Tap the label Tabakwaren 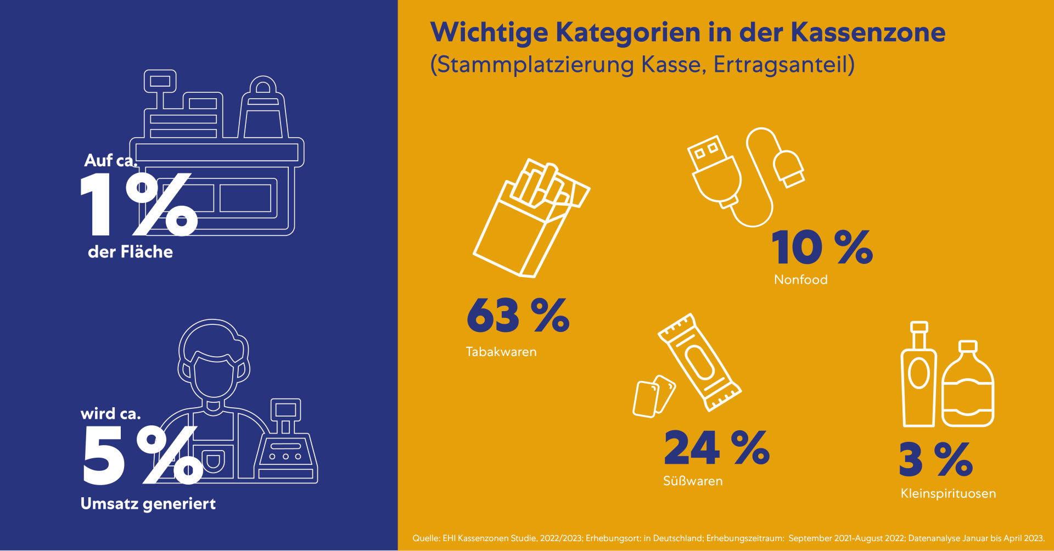[x=501, y=352]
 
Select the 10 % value [x=822, y=248]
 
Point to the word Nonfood [x=800, y=280]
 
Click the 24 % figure [x=716, y=448]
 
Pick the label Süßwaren [x=692, y=481]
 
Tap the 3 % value [x=935, y=460]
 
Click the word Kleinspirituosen [x=948, y=493]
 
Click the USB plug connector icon [x=714, y=171]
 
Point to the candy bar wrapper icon [x=700, y=362]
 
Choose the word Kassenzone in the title [x=868, y=32]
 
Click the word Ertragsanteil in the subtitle [x=783, y=65]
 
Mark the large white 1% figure [x=137, y=204]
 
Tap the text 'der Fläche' [x=130, y=252]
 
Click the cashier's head [x=214, y=359]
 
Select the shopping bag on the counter [x=263, y=110]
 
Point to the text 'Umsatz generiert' [x=148, y=504]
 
